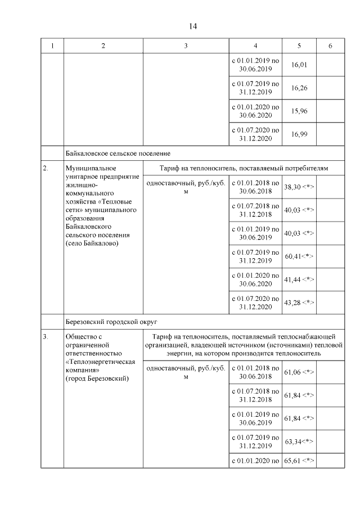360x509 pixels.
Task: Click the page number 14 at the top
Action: point(193,26)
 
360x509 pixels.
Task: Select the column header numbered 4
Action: point(255,46)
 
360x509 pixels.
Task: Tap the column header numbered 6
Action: point(330,46)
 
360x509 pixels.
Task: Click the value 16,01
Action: point(299,65)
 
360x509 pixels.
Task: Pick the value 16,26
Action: point(299,88)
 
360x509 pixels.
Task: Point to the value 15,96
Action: point(299,111)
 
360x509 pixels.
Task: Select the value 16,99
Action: point(299,134)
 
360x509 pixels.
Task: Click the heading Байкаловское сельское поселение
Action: point(118,153)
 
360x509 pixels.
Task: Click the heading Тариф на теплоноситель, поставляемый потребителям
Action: point(244,168)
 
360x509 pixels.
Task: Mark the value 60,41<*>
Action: point(299,256)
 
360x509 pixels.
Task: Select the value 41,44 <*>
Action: point(299,279)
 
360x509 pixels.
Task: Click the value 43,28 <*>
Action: point(299,303)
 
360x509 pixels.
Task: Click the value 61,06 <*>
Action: point(299,372)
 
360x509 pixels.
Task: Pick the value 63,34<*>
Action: point(299,441)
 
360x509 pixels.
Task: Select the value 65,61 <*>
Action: point(299,461)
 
